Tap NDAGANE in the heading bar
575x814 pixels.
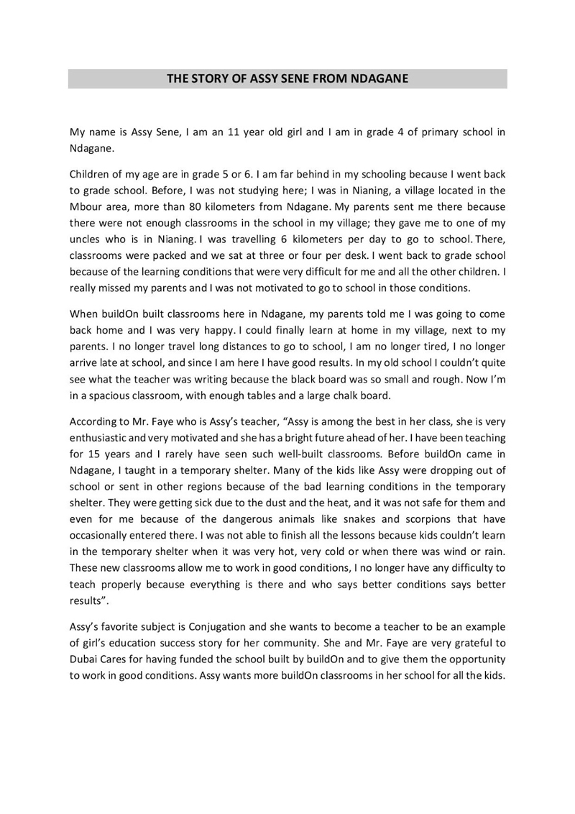(x=379, y=78)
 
